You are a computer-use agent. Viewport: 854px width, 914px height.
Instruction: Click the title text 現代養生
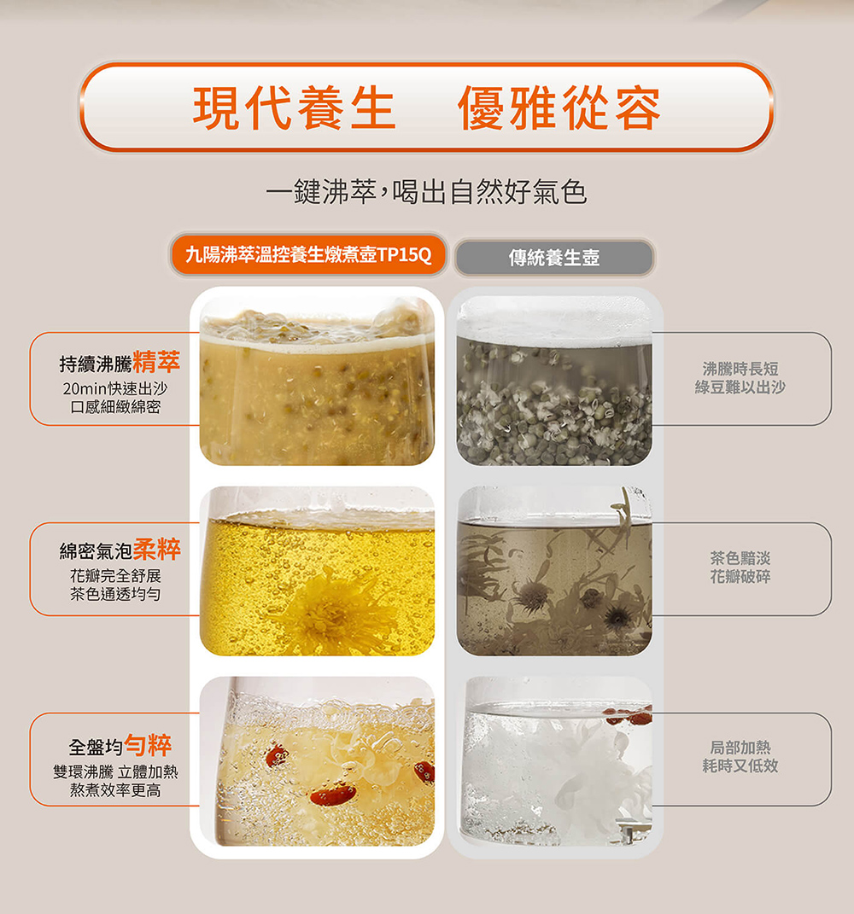pos(295,108)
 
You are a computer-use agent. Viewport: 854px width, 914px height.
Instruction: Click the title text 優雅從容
pos(559,108)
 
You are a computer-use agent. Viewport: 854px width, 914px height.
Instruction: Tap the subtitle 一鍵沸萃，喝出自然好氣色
pos(426,191)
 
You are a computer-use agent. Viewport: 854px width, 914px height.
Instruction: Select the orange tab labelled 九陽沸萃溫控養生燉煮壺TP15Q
pos(308,254)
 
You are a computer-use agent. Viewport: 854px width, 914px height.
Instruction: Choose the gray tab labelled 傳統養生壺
pos(554,257)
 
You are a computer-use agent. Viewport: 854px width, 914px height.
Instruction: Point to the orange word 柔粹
pos(157,549)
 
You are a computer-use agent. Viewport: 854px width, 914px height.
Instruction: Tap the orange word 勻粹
pos(148,745)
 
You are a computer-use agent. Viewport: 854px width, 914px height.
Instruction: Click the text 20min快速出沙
pos(115,388)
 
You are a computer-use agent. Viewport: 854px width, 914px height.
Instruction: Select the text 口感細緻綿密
pos(115,407)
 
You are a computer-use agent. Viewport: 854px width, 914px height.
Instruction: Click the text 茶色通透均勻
pos(115,594)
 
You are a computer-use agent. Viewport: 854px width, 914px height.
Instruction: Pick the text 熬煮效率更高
pos(115,790)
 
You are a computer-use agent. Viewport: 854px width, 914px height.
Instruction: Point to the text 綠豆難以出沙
pos(740,387)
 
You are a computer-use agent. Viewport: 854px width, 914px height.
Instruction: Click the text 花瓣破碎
pos(740,577)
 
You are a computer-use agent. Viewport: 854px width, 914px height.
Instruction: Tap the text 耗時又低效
pos(740,766)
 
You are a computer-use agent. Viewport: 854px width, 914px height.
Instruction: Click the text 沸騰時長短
pos(740,369)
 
